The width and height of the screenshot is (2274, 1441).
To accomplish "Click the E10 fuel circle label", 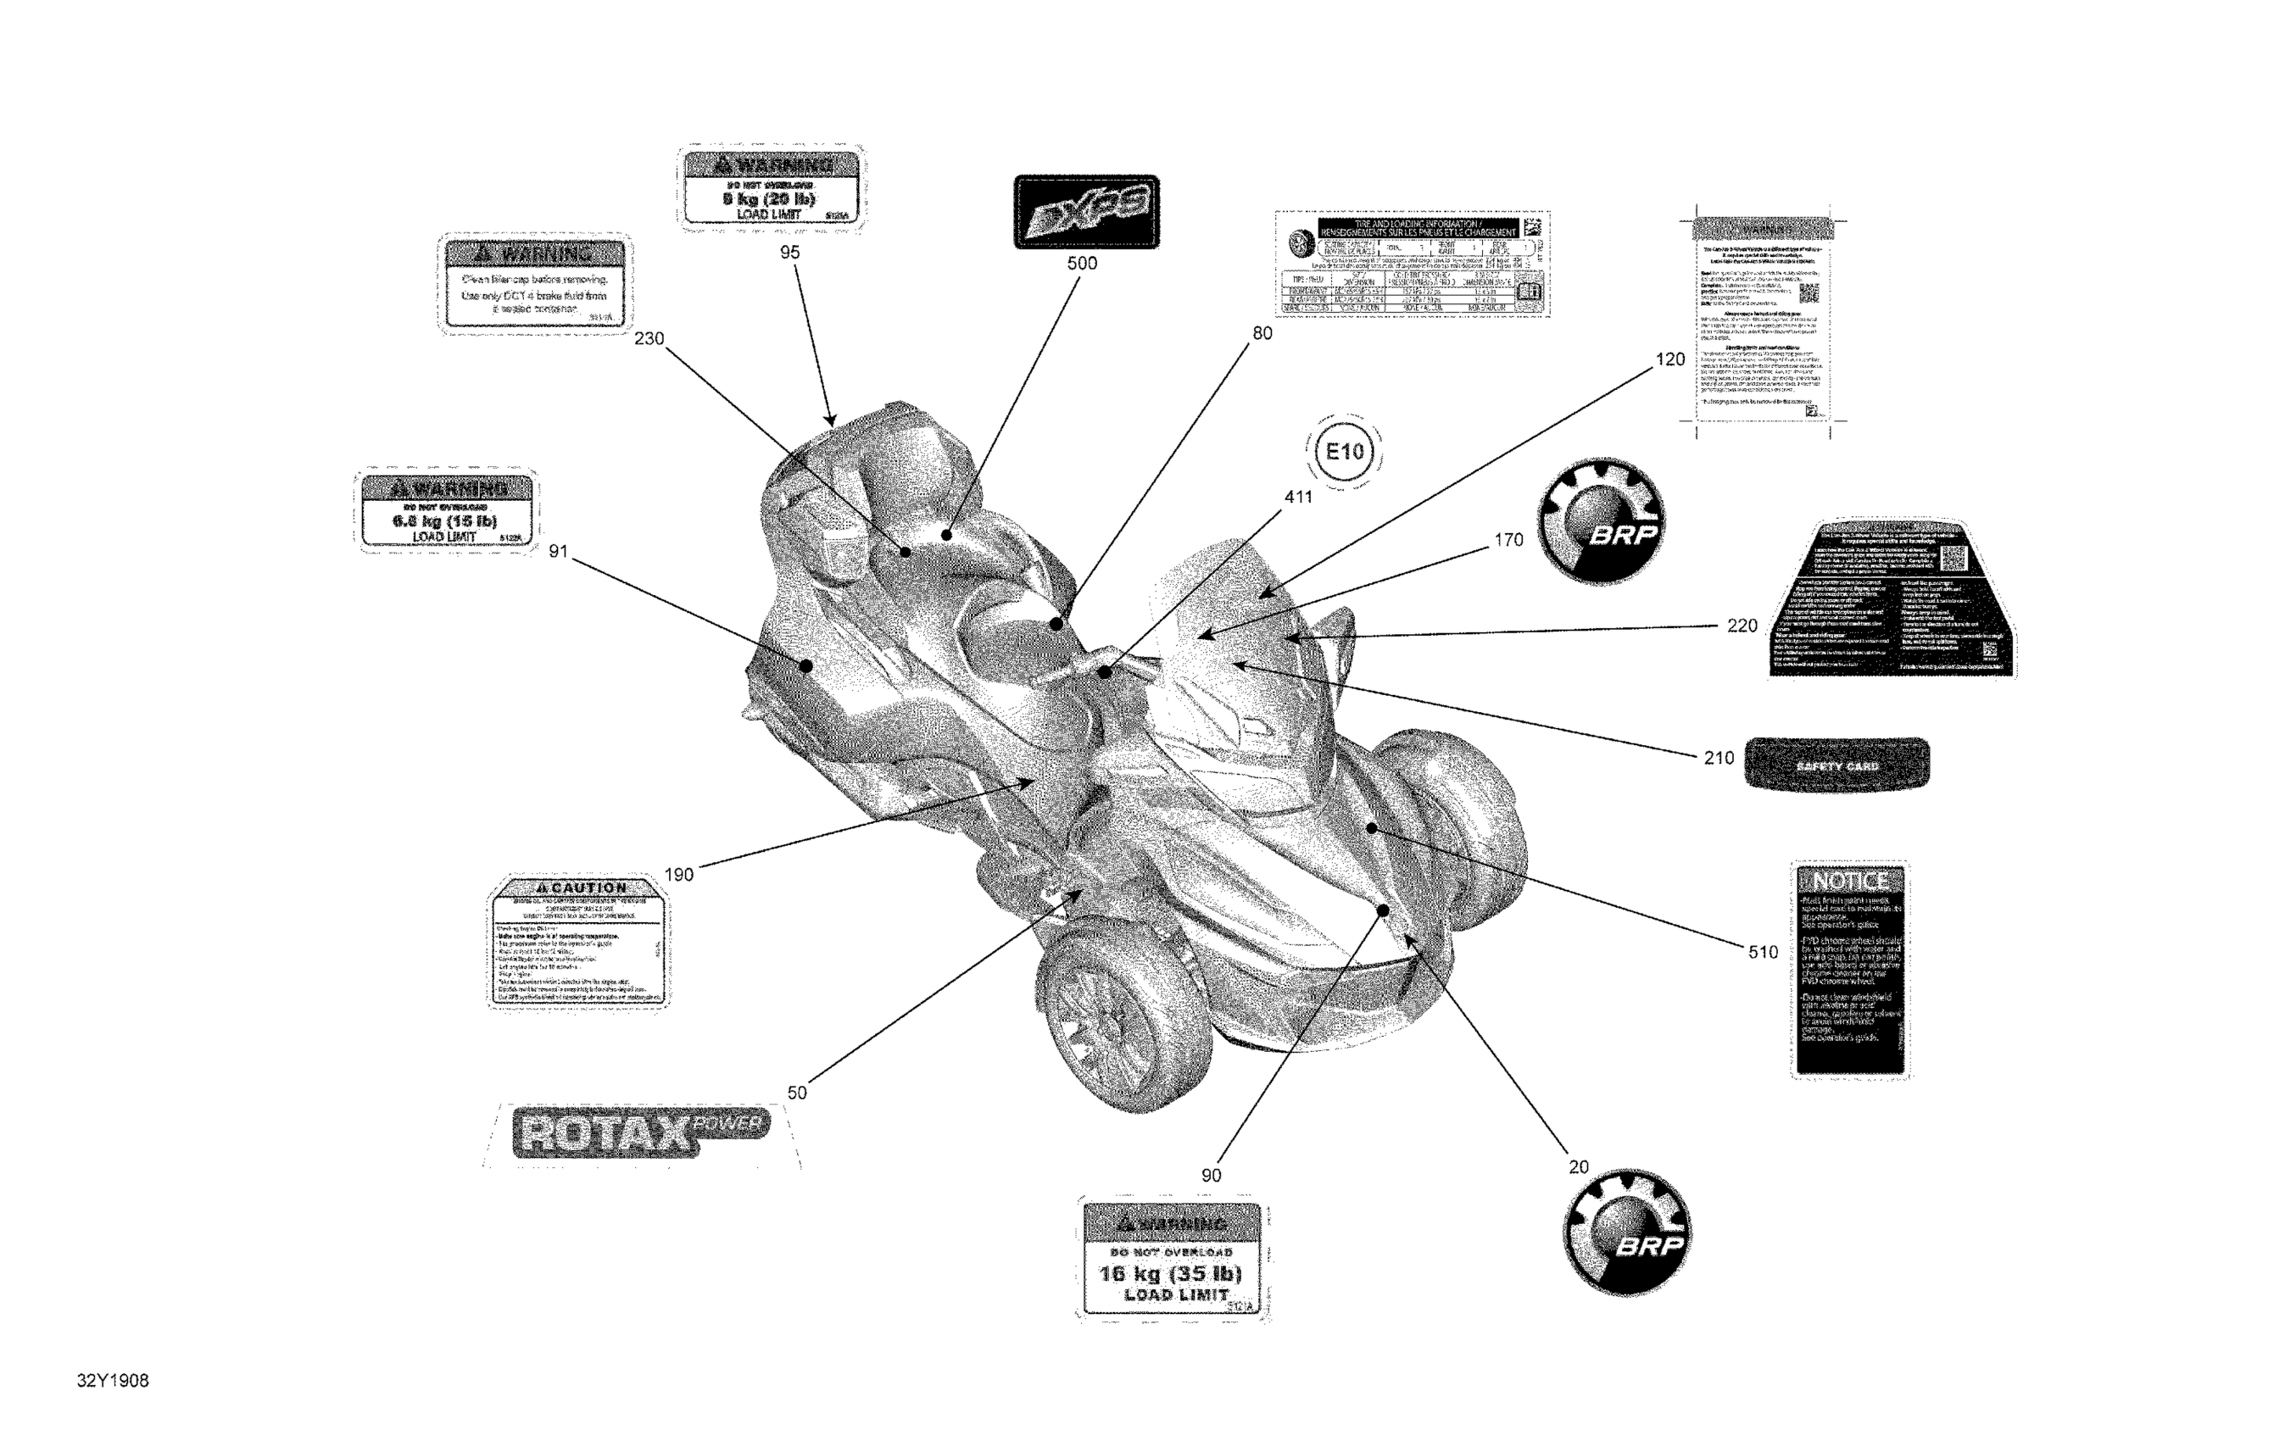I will tap(1344, 452).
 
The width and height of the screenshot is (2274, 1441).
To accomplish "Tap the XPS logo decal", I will tap(1086, 212).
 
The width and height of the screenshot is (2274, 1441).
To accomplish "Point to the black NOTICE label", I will tap(1850, 969).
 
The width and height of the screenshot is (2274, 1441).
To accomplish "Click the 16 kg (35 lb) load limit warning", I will tap(1172, 1260).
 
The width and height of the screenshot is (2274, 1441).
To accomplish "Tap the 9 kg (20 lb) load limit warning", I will tap(770, 189).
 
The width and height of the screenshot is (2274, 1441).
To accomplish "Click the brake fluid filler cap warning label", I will tap(534, 283).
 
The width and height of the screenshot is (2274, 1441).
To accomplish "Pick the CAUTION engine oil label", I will tap(578, 942).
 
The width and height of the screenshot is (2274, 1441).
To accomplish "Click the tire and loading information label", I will tap(1411, 264).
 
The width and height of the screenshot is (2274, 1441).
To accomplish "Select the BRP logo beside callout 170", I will tap(1602, 521).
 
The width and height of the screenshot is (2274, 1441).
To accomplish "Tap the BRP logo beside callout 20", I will tap(1627, 1232).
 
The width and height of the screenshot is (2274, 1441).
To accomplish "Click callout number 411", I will tap(1298, 497).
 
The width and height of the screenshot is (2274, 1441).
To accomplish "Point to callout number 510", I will tap(1762, 952).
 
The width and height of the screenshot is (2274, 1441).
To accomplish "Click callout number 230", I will tap(649, 338).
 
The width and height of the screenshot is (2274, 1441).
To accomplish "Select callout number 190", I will tap(678, 875).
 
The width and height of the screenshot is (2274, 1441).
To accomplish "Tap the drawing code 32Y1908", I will tap(113, 1381).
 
